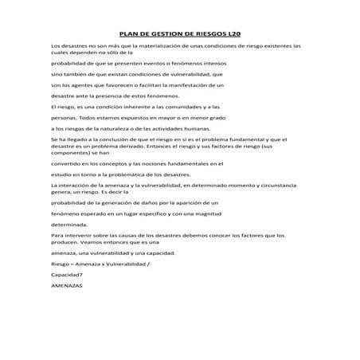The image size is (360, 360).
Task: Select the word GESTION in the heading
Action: [x=170, y=35]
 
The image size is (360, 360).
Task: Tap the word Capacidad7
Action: [x=67, y=273]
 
